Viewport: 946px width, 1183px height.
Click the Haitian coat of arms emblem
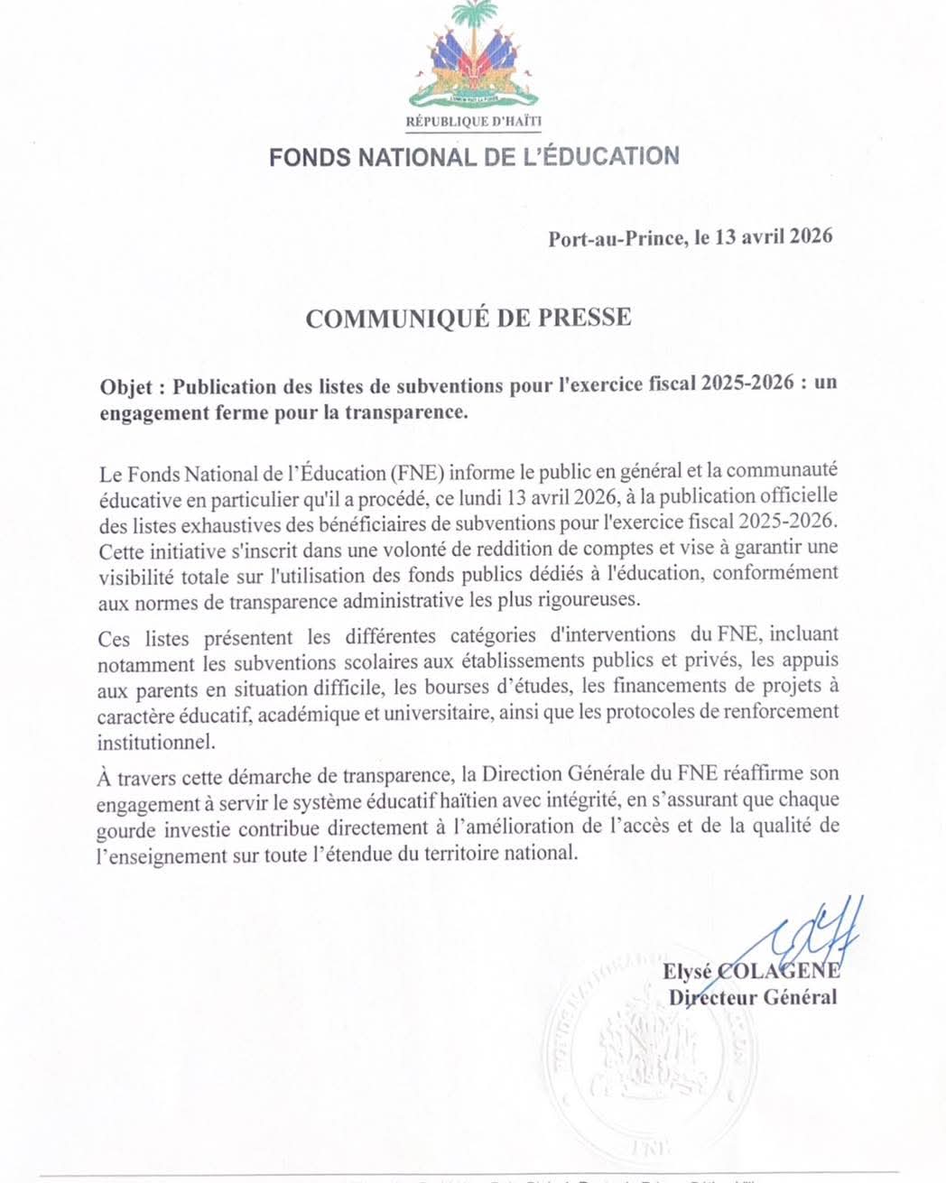(x=473, y=56)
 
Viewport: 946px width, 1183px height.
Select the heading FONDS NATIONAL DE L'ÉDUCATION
(x=473, y=157)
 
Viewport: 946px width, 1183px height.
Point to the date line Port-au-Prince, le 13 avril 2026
(x=690, y=238)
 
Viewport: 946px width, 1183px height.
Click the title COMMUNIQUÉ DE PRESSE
(x=468, y=318)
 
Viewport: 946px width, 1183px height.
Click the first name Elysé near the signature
(x=688, y=972)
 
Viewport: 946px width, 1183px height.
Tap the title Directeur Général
(x=752, y=997)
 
